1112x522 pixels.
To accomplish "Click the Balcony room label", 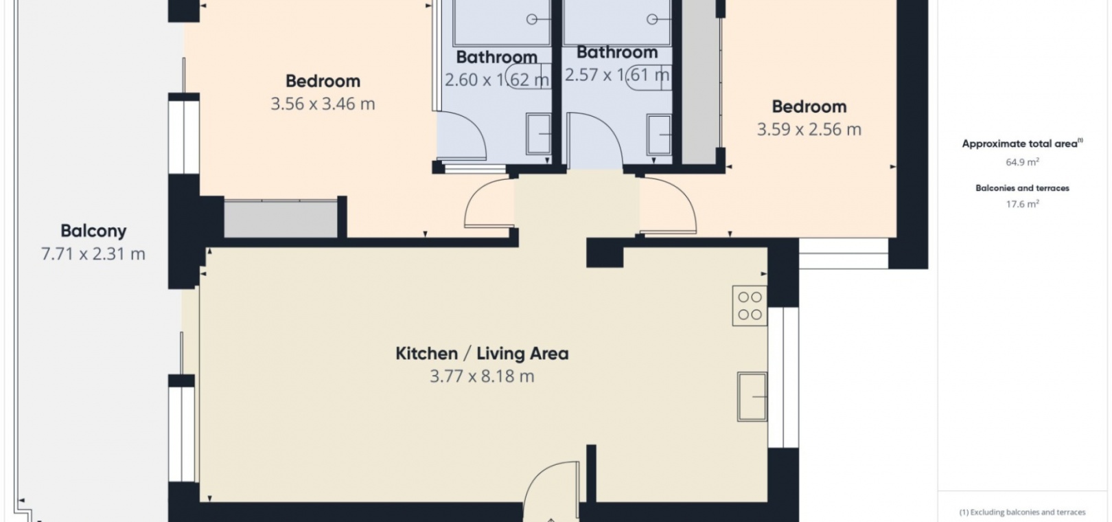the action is coord(93,231).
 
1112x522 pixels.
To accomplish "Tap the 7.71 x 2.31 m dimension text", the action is coord(93,254).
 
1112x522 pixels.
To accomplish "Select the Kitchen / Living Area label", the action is coord(482,354).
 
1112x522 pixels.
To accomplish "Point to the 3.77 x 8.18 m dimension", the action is coord(482,376).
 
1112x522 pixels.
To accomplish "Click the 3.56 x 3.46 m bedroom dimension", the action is coord(323,104).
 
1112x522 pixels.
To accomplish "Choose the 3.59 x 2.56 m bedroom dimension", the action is coord(809,130).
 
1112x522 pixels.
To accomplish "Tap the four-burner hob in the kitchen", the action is coord(750,306).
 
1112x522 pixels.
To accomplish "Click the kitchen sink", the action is coord(752,397).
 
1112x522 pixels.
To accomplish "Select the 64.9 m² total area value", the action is coord(1023,162).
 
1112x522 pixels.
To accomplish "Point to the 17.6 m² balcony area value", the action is coord(1023,203).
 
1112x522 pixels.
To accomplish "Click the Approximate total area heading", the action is coord(1022,144).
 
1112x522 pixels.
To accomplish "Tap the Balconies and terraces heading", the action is coord(1023,188).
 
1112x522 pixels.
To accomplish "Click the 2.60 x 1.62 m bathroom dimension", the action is coord(497,80).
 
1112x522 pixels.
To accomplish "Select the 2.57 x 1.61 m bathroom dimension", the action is coord(617,75).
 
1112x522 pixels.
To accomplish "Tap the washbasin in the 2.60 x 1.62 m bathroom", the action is coord(539,134).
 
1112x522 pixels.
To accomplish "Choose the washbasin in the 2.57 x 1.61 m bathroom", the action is coord(659,135).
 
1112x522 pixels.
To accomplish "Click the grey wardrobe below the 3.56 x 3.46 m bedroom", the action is coord(281,219).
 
